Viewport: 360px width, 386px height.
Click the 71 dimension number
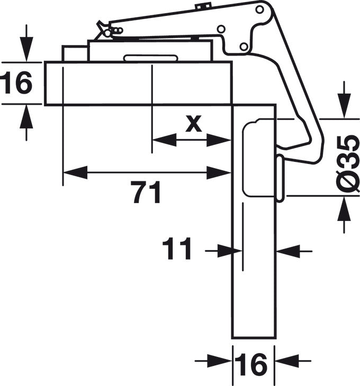click(146, 194)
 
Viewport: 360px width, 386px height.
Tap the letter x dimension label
click(194, 124)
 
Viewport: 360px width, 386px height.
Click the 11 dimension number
click(177, 250)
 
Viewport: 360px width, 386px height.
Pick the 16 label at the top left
click(16, 84)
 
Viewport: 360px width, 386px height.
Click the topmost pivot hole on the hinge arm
click(259, 9)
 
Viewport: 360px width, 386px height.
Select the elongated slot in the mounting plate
click(150, 58)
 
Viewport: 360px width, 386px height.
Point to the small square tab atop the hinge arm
click(202, 6)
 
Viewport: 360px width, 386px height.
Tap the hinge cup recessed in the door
click(259, 159)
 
